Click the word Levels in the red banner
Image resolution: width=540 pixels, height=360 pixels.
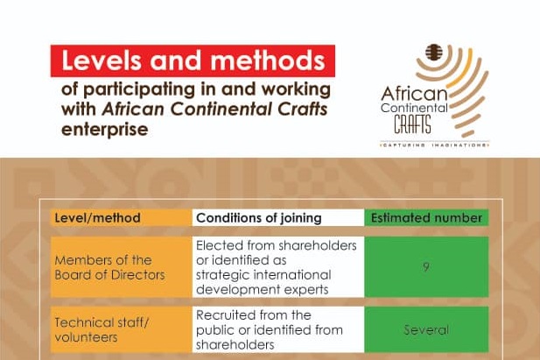102,60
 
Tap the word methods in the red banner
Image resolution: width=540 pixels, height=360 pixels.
268,60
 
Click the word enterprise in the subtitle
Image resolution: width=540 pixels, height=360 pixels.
105,130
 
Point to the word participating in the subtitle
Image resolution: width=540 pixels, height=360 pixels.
139,90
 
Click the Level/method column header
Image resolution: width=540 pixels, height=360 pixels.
97,218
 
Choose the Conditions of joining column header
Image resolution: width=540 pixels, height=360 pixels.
259,218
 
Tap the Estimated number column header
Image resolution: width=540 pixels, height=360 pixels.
426,218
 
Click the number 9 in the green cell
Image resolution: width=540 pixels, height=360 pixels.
426,267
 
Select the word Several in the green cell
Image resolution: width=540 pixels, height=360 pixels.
426,330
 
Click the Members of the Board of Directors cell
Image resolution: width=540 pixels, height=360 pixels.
121,267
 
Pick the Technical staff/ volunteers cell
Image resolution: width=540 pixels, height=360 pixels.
121,329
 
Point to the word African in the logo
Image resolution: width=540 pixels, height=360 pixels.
414,93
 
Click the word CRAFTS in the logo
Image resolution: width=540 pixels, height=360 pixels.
412,124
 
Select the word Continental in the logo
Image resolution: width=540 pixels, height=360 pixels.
414,108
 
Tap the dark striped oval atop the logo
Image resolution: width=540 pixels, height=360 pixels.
433,53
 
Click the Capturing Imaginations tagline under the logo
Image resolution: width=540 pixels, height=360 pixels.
435,145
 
